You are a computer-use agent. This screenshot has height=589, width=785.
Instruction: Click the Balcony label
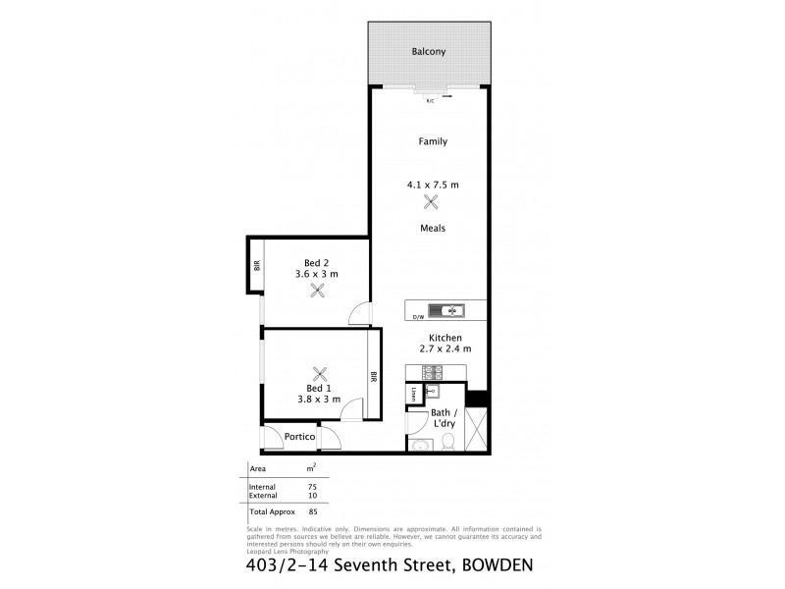coord(430,51)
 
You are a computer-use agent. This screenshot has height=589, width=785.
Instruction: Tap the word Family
coord(433,141)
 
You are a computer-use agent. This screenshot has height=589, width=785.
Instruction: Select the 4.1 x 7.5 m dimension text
coord(433,184)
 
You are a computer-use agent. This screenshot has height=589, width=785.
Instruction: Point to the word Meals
coord(433,228)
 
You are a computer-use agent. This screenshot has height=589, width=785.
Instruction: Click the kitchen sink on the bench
coord(453,311)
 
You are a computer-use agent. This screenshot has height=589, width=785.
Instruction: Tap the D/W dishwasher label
coord(417,316)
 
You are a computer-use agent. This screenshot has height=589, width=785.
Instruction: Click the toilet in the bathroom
coord(447,445)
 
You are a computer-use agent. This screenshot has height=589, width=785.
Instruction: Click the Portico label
coord(298,438)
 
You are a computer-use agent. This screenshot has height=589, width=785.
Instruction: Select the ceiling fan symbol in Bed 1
coord(319,374)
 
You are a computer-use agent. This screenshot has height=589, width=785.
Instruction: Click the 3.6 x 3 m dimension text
coord(316,274)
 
